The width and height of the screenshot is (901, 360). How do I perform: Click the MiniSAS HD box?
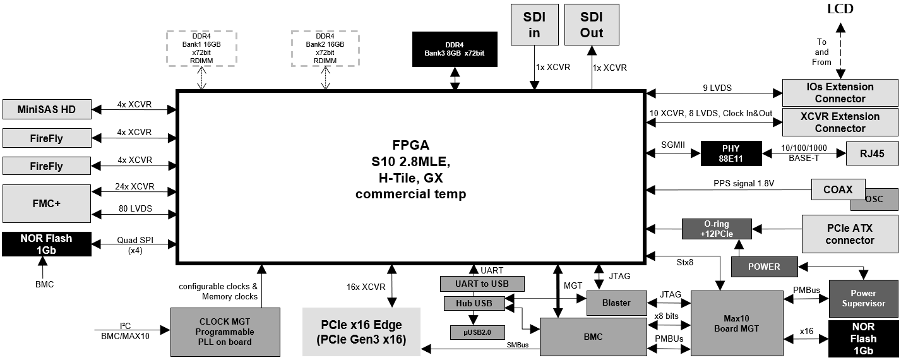47,109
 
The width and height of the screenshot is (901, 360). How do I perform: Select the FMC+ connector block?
47,203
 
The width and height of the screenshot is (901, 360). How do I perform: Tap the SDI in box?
535,25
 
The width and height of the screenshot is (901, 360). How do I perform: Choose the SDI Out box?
592,25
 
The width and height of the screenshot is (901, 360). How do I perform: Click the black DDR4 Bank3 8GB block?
455,49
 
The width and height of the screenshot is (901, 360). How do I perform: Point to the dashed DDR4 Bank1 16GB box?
201,49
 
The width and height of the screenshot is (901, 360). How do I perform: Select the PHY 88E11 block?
731,153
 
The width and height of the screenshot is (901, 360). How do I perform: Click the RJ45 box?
872,153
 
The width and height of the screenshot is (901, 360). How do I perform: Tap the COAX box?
838,189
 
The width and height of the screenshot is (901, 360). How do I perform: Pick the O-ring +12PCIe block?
717,229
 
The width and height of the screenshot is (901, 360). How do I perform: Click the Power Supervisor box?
864,299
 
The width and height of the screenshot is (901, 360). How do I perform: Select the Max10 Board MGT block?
737,323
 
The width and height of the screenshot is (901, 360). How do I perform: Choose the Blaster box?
617,303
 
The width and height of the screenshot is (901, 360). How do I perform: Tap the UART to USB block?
482,284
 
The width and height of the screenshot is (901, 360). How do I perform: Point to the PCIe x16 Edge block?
361,332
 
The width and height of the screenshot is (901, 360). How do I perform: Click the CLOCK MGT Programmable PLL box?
225,332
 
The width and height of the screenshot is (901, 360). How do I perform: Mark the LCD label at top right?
840,9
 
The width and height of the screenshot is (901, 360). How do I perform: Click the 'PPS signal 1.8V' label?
744,183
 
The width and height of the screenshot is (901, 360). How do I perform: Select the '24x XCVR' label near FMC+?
134,187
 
